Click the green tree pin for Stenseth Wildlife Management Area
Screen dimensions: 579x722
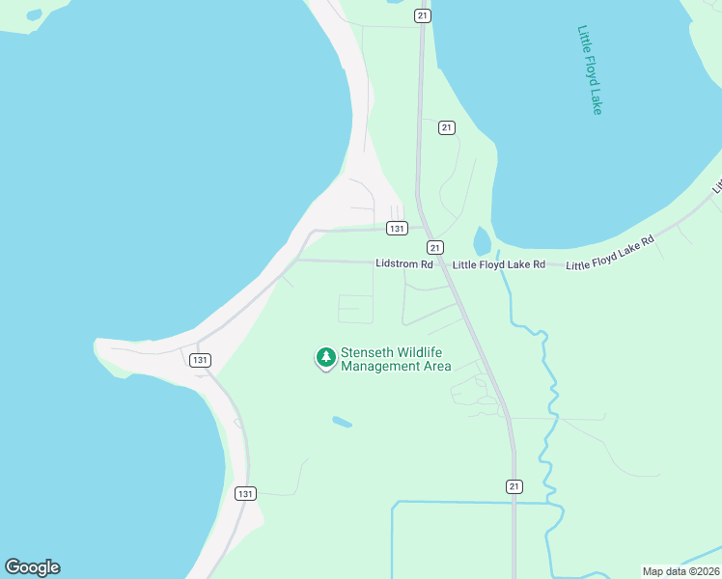pyautogui.click(x=326, y=358)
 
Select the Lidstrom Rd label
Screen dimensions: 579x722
pyautogui.click(x=404, y=263)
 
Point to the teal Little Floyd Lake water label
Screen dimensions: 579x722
pyautogui.click(x=590, y=69)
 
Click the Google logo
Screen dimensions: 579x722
pyautogui.click(x=32, y=567)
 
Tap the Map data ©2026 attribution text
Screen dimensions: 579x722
pyautogui.click(x=680, y=571)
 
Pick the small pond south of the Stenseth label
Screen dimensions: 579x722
pyautogui.click(x=342, y=422)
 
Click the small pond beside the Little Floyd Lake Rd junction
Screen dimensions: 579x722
pyautogui.click(x=482, y=241)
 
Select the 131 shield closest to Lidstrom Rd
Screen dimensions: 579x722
pyautogui.click(x=396, y=229)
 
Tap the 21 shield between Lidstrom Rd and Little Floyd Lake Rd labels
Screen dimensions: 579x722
pyautogui.click(x=435, y=247)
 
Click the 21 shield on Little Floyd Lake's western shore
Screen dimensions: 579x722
pyautogui.click(x=445, y=127)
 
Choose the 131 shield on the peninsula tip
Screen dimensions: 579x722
pyautogui.click(x=199, y=360)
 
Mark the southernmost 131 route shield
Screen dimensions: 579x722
pyautogui.click(x=245, y=493)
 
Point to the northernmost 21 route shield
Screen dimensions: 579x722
pyautogui.click(x=422, y=15)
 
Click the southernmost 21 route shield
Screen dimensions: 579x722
pyautogui.click(x=514, y=485)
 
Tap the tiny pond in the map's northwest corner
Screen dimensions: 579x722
pyautogui.click(x=35, y=15)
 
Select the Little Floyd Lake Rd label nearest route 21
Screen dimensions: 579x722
pyautogui.click(x=499, y=264)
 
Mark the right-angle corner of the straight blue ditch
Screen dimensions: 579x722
pyautogui.click(x=394, y=503)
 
